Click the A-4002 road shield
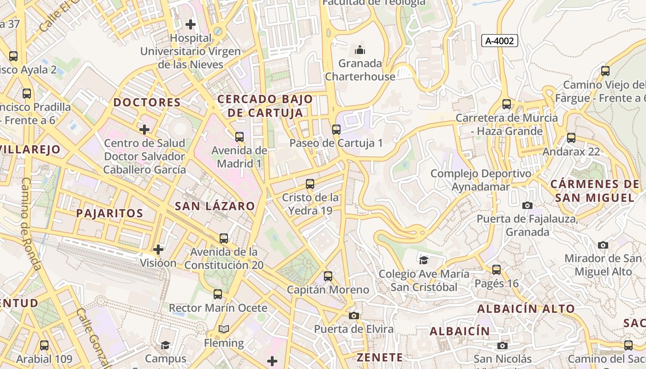click(x=500, y=41)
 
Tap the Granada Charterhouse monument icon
click(x=360, y=50)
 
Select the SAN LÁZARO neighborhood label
click(x=215, y=206)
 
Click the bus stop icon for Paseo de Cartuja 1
click(x=336, y=130)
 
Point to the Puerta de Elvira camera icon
click(x=354, y=315)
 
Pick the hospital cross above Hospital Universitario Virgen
click(x=190, y=24)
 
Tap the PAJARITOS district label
click(x=109, y=213)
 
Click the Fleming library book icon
click(x=224, y=329)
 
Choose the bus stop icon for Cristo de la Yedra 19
click(x=310, y=184)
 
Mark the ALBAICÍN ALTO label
click(x=526, y=309)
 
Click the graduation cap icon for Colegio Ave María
click(x=424, y=260)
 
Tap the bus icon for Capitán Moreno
click(x=328, y=276)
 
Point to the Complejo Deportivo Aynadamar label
click(x=480, y=180)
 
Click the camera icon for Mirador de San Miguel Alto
click(x=603, y=245)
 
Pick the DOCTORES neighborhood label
click(x=147, y=102)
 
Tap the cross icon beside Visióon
click(x=158, y=250)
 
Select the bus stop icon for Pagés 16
click(x=496, y=270)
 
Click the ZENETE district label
click(x=380, y=357)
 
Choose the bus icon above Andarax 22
click(x=571, y=137)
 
